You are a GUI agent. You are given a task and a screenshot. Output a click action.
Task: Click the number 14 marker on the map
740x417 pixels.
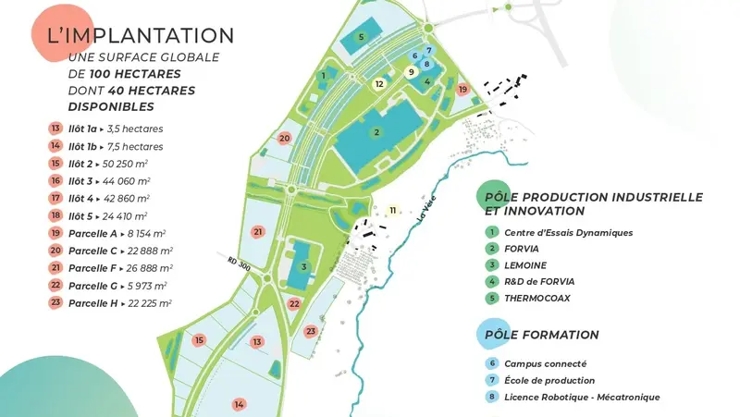[239, 404]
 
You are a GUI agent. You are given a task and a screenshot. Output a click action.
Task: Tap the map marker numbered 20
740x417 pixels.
[285, 138]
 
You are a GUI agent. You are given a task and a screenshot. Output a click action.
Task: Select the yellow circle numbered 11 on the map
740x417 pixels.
[393, 211]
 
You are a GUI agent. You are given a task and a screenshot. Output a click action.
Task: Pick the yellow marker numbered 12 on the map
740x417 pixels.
[379, 83]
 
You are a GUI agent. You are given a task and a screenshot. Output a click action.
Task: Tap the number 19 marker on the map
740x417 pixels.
[462, 89]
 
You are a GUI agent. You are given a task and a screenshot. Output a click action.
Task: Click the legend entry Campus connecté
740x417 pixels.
[545, 364]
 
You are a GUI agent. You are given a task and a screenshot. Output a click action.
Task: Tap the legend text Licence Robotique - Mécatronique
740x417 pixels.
[582, 398]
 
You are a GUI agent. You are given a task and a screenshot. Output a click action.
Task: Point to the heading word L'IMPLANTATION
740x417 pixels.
[140, 36]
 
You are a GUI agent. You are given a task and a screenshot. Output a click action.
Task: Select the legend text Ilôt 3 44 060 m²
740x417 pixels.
[109, 181]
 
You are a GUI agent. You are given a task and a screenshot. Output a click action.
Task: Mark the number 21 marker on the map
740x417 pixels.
[259, 231]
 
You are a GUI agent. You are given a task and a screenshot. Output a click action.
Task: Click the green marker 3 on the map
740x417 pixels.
[303, 268]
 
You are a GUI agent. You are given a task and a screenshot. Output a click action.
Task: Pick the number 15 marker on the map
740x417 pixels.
[199, 340]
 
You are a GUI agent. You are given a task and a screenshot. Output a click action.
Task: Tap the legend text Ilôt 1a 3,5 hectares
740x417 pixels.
[109, 129]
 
